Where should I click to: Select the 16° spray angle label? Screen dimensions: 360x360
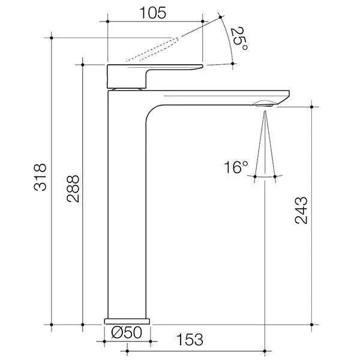pos(236,167)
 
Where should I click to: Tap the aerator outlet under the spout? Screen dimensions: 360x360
pos(265,104)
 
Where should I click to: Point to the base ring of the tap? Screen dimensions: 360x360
pos(126,321)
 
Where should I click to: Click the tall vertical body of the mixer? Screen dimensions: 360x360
pos(126,210)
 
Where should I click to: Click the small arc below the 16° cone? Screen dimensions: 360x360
pos(265,176)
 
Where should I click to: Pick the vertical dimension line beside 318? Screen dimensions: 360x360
pos(52,180)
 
